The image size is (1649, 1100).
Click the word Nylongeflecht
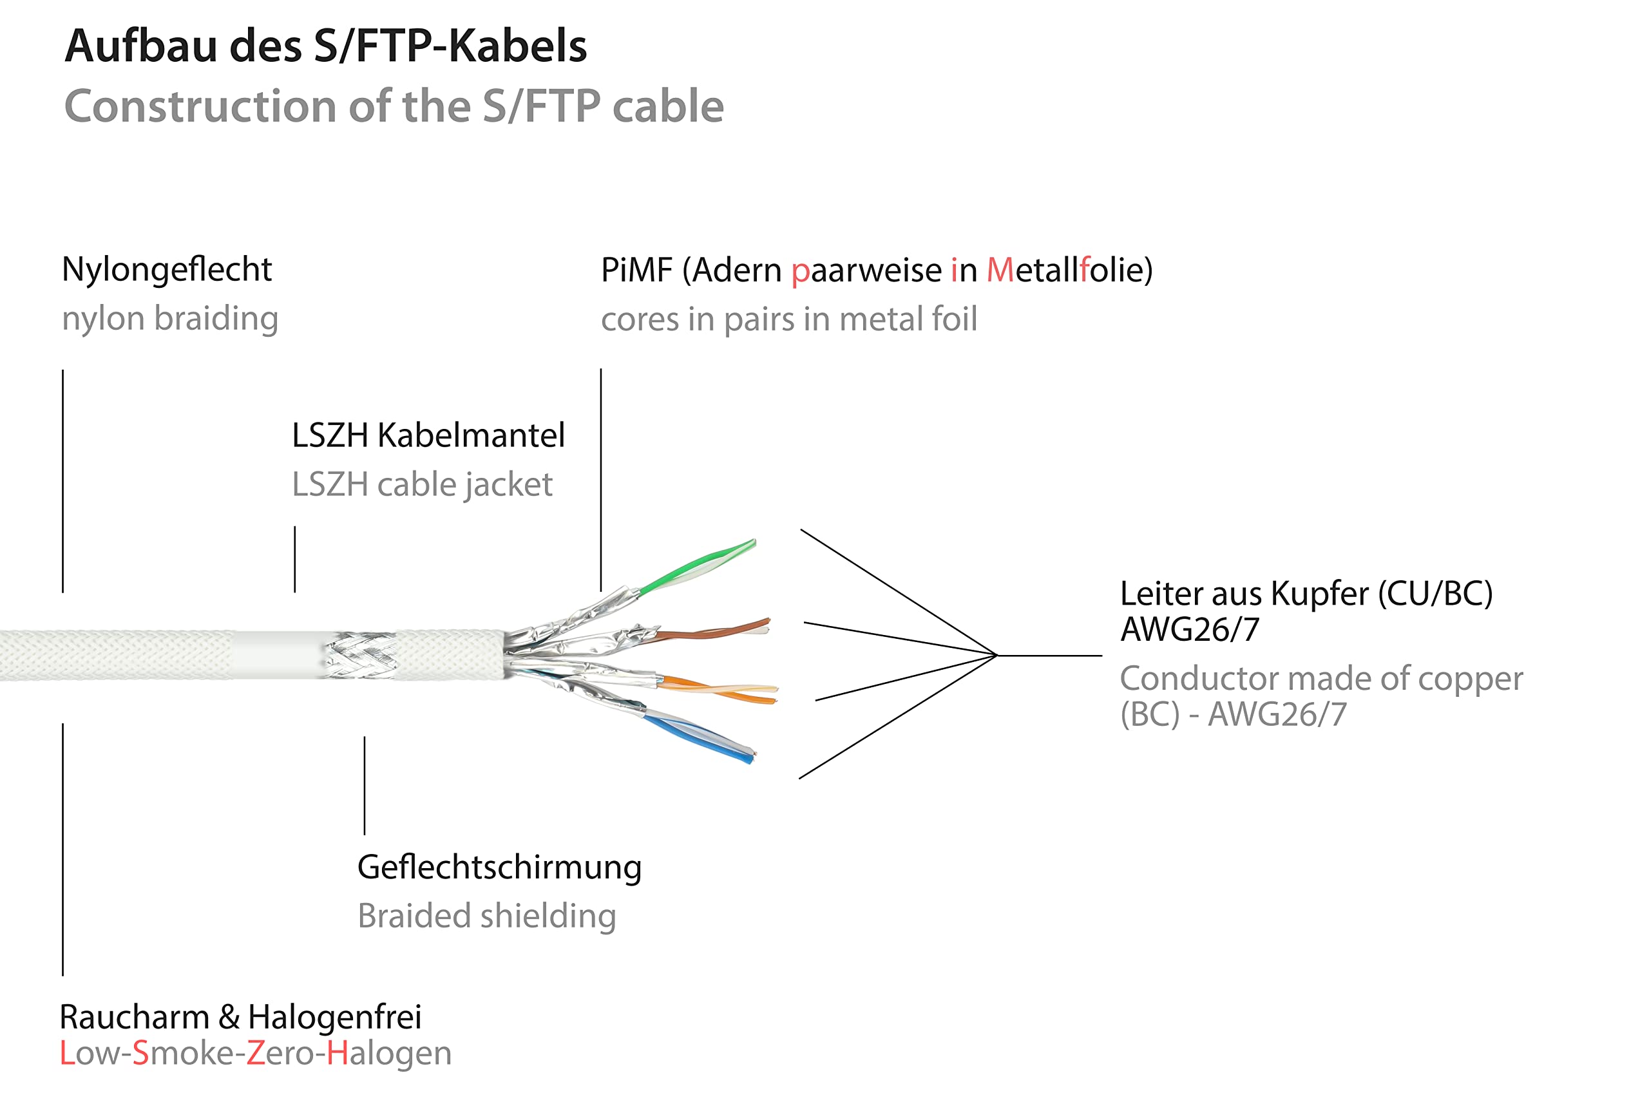[x=167, y=270]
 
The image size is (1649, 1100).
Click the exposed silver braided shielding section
[x=360, y=656]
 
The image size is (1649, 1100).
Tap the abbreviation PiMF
[x=636, y=270]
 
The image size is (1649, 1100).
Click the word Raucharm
[x=134, y=1017]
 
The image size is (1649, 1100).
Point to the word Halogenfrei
[x=335, y=1017]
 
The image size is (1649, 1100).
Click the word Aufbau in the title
[x=140, y=46]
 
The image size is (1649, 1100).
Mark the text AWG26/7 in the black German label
[x=1189, y=629]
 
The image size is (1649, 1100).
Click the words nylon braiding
[x=170, y=319]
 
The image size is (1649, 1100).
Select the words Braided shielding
[x=486, y=916]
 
